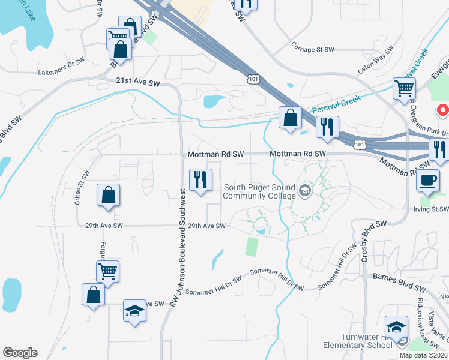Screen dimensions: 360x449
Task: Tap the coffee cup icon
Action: click(428, 180)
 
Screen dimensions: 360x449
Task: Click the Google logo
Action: click(20, 353)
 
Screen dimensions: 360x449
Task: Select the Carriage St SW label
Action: click(313, 50)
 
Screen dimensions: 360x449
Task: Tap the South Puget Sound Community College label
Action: click(260, 191)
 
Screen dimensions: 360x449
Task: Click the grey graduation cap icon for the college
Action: click(305, 191)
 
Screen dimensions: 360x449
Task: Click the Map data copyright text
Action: click(423, 355)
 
